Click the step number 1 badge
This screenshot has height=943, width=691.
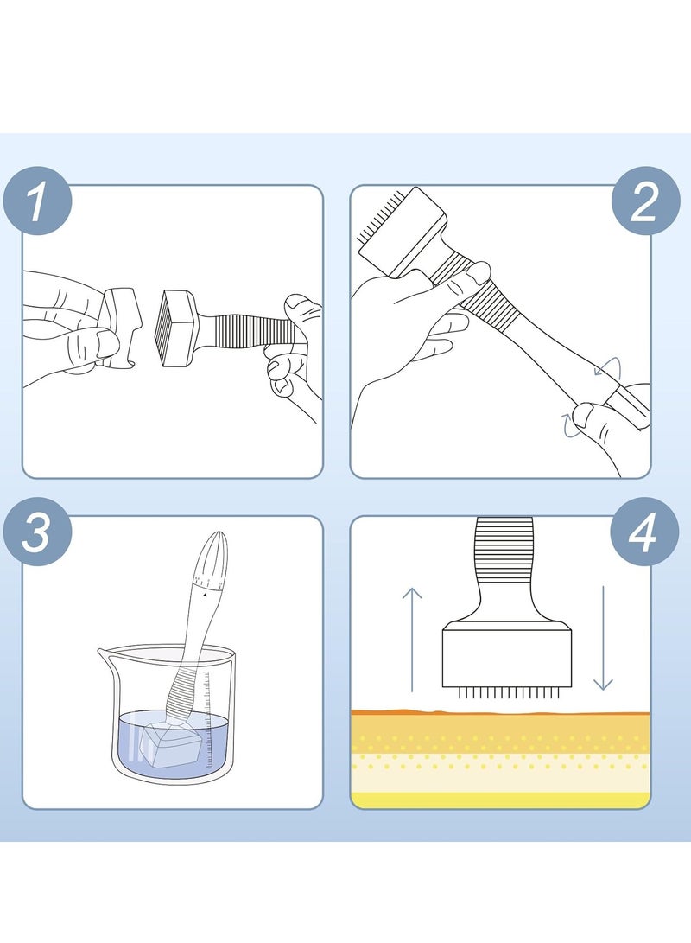(x=38, y=201)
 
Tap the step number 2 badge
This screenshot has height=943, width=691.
(x=646, y=201)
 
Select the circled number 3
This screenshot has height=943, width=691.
(x=38, y=532)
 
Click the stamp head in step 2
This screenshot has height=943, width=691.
(x=402, y=233)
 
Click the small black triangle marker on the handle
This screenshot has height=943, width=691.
(x=205, y=594)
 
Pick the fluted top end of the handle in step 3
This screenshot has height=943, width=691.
(x=211, y=553)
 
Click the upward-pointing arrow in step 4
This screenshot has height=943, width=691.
(x=412, y=640)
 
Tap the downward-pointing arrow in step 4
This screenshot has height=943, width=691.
(x=603, y=638)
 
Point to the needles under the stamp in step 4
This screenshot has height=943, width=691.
(x=507, y=693)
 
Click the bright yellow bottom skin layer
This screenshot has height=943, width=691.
(x=500, y=800)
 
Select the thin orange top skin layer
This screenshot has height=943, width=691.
(x=500, y=713)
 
